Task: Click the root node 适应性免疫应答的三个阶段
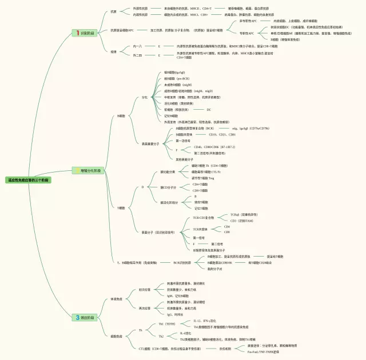coord(28,179)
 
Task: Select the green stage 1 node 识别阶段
coord(86,34)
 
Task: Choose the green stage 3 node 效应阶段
coord(86,317)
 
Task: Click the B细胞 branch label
coord(121,116)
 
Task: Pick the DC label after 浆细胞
coord(209,109)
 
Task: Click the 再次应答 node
coord(144,308)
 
